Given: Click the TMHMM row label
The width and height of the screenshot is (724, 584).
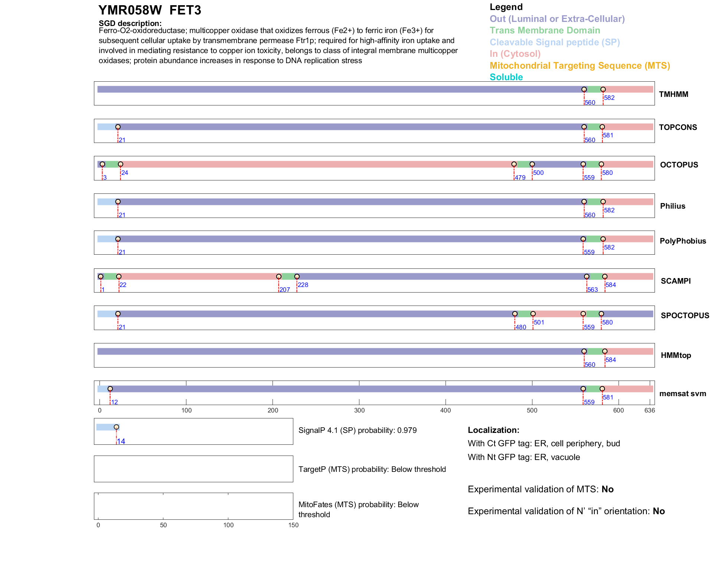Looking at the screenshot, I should [x=673, y=94].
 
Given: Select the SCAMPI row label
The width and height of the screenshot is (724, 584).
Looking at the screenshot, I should [x=675, y=281].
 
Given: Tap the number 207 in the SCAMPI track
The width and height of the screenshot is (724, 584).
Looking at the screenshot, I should [x=285, y=290].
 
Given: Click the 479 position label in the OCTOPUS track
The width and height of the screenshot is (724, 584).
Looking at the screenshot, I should [x=520, y=177].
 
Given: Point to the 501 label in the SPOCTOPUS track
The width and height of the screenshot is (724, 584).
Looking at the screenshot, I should [x=539, y=322].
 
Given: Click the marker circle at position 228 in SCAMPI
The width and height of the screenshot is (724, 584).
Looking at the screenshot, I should [x=297, y=277].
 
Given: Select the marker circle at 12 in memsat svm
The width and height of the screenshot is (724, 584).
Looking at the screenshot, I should [x=110, y=389].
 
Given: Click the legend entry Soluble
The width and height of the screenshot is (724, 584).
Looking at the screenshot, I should [x=506, y=77].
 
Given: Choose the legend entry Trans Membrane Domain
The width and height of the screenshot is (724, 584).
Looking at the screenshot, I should [x=545, y=30].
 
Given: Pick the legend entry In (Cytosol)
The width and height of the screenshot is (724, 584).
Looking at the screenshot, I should [x=515, y=54].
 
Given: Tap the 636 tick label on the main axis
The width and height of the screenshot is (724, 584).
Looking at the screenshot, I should [x=649, y=410].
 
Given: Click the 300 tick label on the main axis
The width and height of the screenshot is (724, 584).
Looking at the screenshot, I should [x=359, y=410].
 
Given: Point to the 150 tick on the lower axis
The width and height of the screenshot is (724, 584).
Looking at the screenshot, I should [x=293, y=525].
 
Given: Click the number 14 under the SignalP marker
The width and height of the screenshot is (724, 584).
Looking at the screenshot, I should [x=121, y=441].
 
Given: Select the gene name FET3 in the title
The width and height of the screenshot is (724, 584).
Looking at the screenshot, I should [x=185, y=10].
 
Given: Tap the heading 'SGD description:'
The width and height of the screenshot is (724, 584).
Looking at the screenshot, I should [x=130, y=23].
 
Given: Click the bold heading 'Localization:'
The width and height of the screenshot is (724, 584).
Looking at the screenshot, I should [x=493, y=430].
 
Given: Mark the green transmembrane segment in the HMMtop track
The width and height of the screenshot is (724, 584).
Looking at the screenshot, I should [x=594, y=351].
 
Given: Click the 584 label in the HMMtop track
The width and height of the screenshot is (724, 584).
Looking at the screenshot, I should [x=611, y=360].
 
